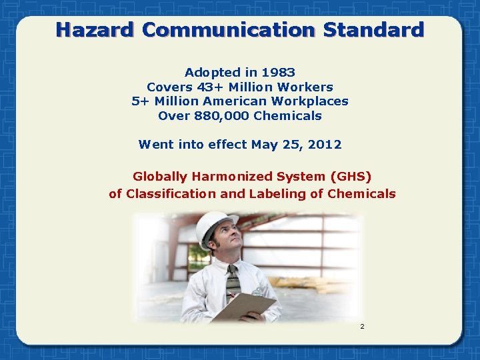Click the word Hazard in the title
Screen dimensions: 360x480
[x=95, y=30]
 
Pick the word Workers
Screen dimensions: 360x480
[x=307, y=87]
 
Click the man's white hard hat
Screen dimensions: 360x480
[x=214, y=225]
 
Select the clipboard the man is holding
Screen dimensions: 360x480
[x=244, y=307]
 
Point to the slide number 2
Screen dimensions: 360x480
[x=362, y=327]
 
